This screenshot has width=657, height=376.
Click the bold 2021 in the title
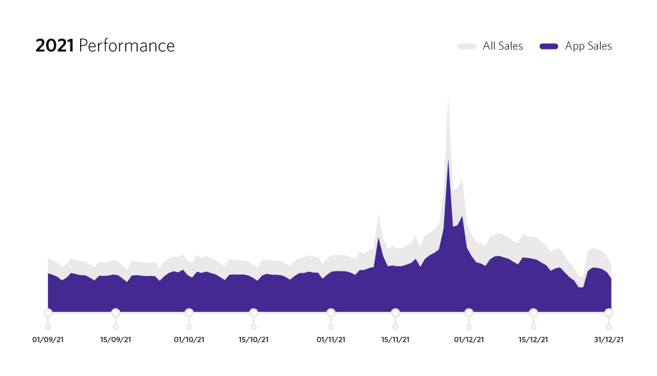pyautogui.click(x=54, y=46)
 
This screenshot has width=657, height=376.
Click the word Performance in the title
pyautogui.click(x=126, y=46)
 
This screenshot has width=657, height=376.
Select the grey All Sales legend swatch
pyautogui.click(x=466, y=46)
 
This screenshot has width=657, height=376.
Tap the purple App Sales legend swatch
pyautogui.click(x=549, y=46)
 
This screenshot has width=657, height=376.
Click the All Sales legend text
pyautogui.click(x=503, y=46)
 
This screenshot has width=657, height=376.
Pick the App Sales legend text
pyautogui.click(x=588, y=46)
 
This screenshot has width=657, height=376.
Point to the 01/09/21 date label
pyautogui.click(x=48, y=340)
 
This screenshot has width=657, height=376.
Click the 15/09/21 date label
pyautogui.click(x=116, y=340)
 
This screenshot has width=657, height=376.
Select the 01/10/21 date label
pyautogui.click(x=189, y=340)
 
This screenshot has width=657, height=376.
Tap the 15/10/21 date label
pyautogui.click(x=254, y=340)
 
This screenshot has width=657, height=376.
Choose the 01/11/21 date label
pyautogui.click(x=331, y=340)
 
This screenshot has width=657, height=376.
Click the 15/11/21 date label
pyautogui.click(x=395, y=340)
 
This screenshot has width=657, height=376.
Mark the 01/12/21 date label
pyautogui.click(x=469, y=340)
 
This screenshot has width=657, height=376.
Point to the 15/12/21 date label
pyautogui.click(x=533, y=340)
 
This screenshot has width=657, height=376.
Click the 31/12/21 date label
pyautogui.click(x=608, y=340)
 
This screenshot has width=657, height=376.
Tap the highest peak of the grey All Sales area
pyautogui.click(x=448, y=99)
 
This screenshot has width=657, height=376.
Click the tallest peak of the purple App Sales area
pyautogui.click(x=448, y=161)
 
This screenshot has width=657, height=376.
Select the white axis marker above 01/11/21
pyautogui.click(x=331, y=312)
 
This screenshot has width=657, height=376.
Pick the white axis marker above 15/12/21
pyautogui.click(x=533, y=312)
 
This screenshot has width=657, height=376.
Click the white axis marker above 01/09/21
pyautogui.click(x=48, y=312)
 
